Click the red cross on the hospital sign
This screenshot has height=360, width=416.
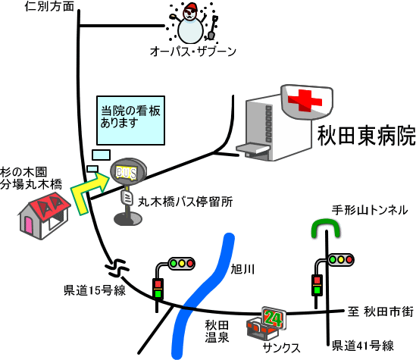click(305, 101)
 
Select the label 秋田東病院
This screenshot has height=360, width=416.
click(367, 136)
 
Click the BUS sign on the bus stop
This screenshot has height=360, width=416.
click(127, 174)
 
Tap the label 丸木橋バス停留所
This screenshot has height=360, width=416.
click(185, 202)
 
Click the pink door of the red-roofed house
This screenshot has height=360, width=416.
click(29, 225)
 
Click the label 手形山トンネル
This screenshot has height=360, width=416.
click(370, 210)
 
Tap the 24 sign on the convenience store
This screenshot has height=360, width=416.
click(274, 318)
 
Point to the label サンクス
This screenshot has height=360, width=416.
click(281, 348)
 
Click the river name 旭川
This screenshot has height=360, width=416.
click(242, 269)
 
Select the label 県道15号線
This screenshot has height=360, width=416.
click(95, 290)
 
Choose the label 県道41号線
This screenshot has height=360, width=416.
click(363, 346)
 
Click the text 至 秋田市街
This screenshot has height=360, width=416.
click(380, 311)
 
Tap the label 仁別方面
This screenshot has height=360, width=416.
click(49, 6)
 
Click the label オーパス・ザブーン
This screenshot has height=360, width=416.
click(193, 52)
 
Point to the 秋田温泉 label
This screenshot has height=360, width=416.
click(217, 331)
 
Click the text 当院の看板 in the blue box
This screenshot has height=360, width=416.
click(130, 111)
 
